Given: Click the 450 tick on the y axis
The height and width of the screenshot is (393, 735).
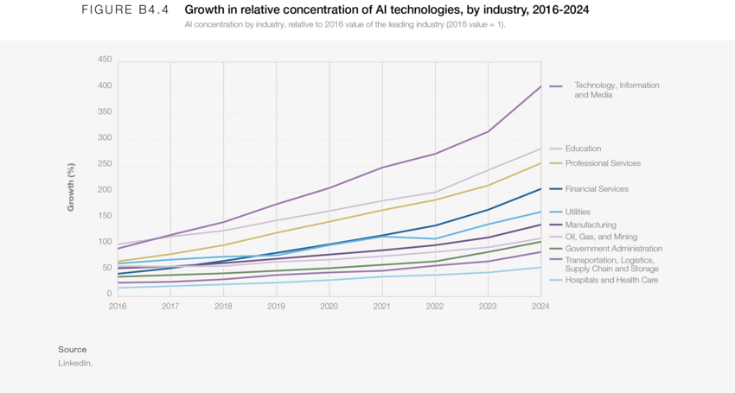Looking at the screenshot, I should tap(105, 60).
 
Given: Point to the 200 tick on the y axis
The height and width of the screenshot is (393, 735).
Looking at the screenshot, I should tap(105, 190).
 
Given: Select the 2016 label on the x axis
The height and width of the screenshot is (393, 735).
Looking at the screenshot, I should tap(118, 306).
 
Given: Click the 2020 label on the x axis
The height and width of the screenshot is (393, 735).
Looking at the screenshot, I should tap(329, 306).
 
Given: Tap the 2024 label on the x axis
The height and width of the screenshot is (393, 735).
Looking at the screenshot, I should tap(540, 306).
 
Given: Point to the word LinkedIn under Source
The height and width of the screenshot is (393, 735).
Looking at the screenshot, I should tap(75, 364).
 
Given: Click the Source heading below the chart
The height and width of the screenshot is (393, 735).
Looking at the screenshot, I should tap(73, 349).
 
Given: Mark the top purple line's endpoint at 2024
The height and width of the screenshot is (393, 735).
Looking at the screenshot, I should tap(540, 86).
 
